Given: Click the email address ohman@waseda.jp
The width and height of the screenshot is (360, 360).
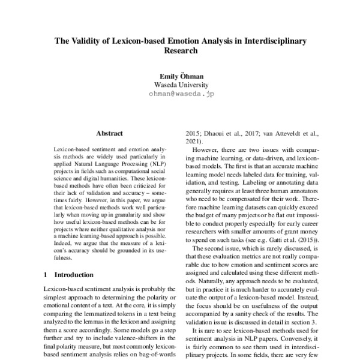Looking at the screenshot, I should (181, 94).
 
